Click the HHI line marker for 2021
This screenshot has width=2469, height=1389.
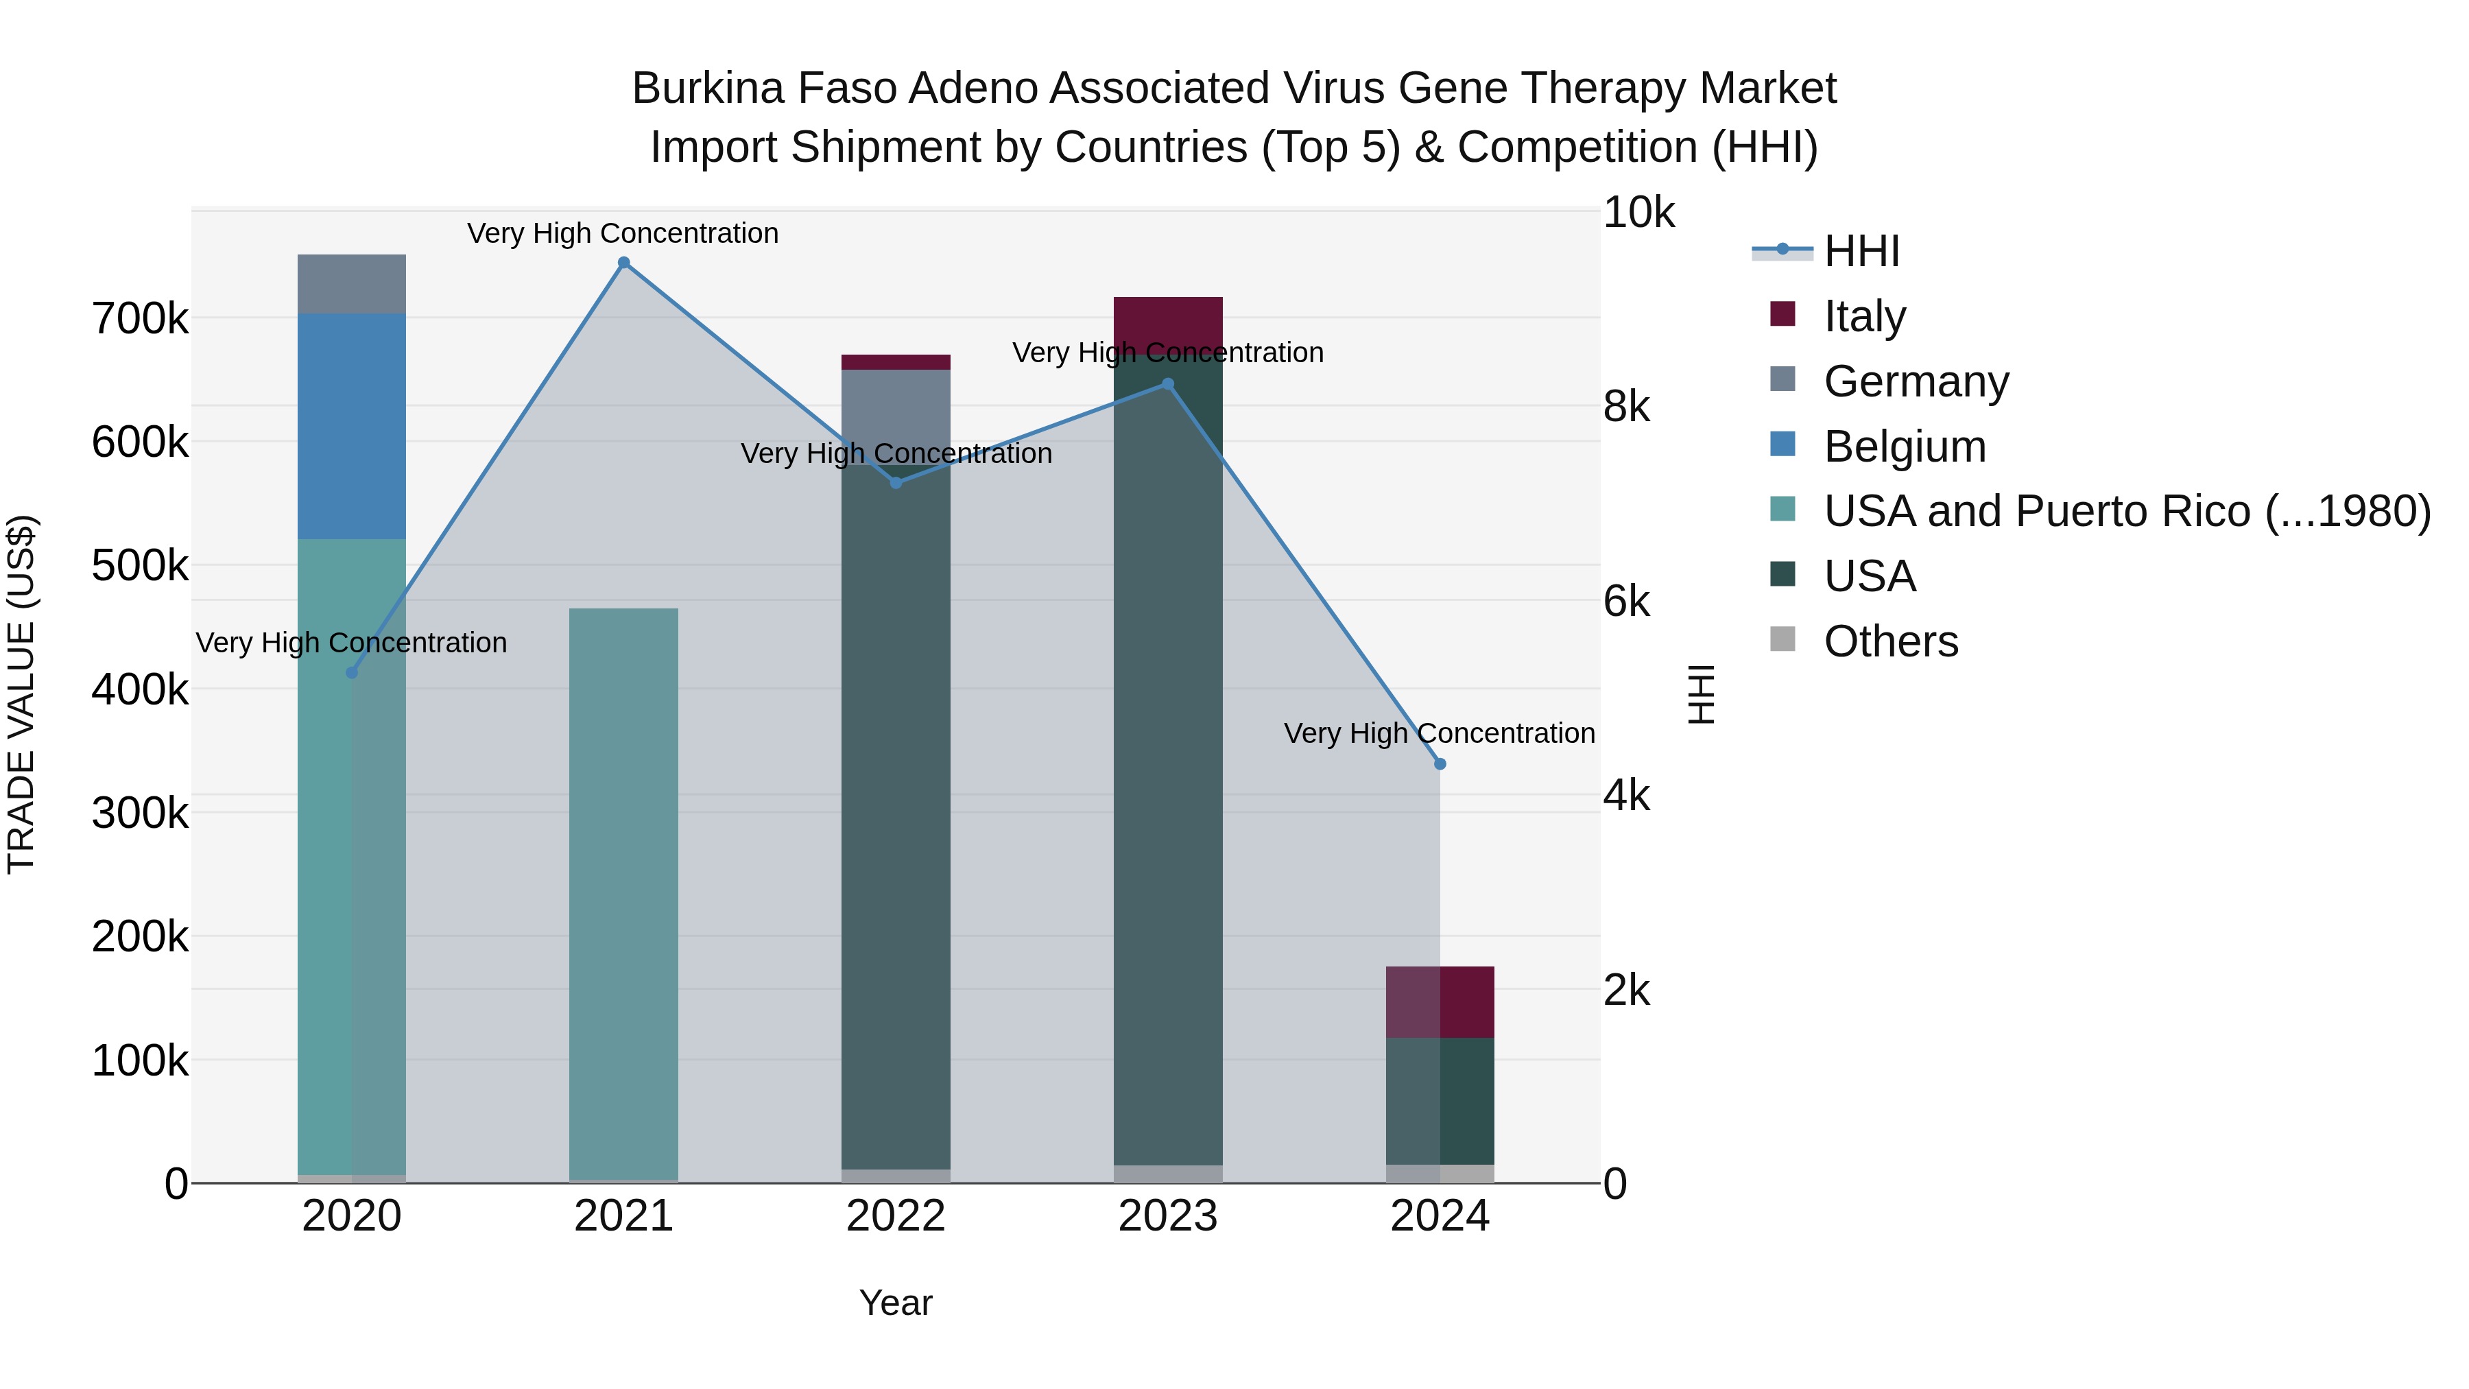(624, 263)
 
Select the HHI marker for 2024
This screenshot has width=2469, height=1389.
(1440, 764)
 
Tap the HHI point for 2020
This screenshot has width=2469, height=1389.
(352, 673)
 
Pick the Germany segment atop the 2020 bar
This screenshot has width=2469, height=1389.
(352, 284)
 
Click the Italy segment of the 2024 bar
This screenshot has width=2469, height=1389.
(1440, 1001)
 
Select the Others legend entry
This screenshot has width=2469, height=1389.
(1890, 641)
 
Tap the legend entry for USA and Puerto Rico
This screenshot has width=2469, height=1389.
(2126, 512)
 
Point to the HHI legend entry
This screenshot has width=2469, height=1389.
(1861, 251)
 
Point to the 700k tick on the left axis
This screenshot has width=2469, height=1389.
(140, 318)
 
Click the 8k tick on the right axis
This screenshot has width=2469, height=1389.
(1627, 407)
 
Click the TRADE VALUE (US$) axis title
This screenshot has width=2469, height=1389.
(21, 694)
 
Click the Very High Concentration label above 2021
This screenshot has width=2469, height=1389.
(623, 233)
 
